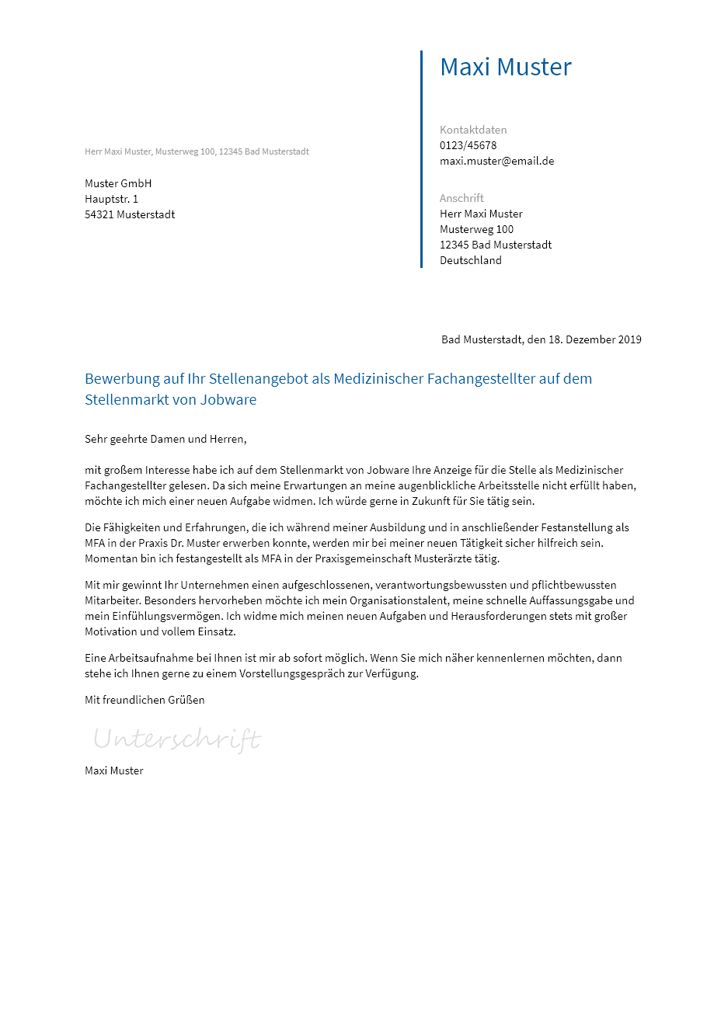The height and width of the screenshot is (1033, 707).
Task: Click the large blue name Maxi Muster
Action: [x=505, y=68]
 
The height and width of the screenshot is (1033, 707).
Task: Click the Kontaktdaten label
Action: [x=472, y=130]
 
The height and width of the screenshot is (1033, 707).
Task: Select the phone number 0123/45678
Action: [x=468, y=145]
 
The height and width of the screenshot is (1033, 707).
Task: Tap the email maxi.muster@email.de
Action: [x=496, y=161]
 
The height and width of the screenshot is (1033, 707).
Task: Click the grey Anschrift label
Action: [x=461, y=198]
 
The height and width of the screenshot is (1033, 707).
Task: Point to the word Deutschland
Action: [x=470, y=260]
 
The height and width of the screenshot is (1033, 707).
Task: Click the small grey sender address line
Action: [x=197, y=151]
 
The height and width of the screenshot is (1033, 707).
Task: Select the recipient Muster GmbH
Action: [x=118, y=183]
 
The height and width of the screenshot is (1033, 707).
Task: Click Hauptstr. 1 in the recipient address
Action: [x=111, y=199]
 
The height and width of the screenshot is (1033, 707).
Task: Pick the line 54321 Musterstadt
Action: [x=130, y=214]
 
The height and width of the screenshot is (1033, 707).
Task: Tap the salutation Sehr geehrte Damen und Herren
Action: [x=165, y=439]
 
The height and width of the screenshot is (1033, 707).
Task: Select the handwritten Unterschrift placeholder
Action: [x=177, y=739]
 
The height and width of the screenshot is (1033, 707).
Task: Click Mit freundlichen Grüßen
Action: [x=145, y=700]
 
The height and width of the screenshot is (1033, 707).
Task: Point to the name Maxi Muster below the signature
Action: [x=113, y=770]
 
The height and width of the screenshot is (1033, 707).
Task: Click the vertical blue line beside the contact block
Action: [x=421, y=159]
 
